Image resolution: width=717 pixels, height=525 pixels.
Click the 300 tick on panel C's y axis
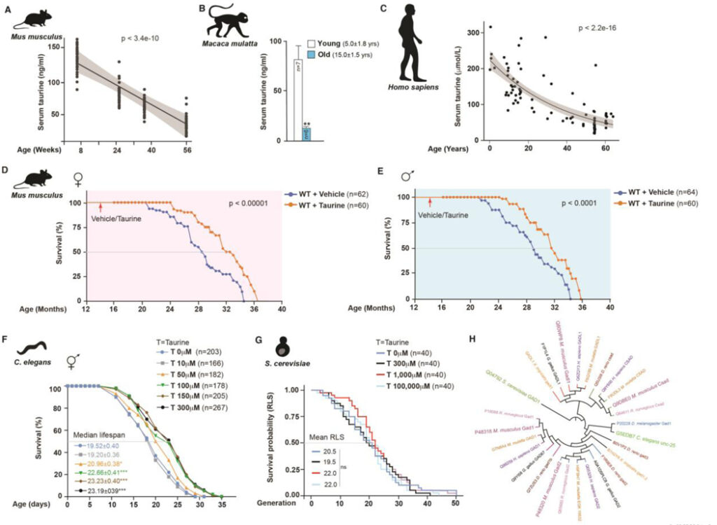(474, 33)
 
